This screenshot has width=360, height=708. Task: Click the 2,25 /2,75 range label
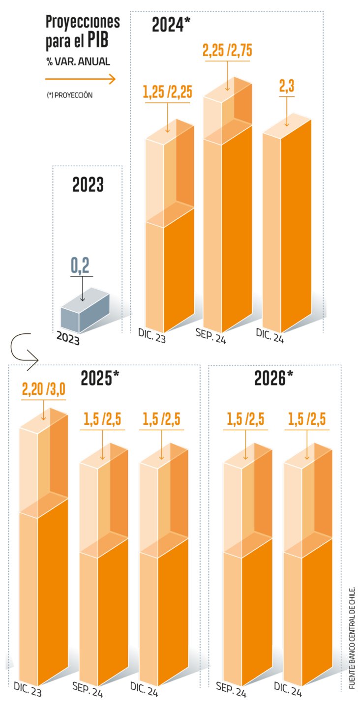click(227, 51)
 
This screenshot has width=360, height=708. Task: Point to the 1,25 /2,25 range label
click(167, 92)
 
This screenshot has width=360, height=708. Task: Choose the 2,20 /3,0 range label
click(44, 390)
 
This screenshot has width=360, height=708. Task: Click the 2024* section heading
click(170, 24)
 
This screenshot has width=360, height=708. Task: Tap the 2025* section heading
click(100, 378)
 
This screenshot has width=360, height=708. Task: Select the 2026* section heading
click(274, 378)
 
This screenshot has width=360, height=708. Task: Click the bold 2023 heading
click(88, 184)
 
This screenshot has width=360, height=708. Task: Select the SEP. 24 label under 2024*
click(210, 336)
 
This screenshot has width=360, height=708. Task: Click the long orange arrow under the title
click(80, 79)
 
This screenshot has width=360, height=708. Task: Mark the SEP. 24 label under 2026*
click(231, 689)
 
